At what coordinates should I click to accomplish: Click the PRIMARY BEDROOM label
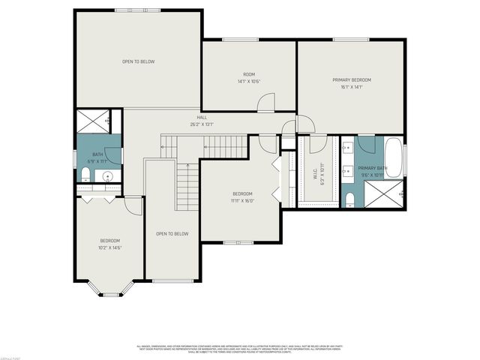point(352,79)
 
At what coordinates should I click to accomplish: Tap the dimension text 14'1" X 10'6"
point(249,81)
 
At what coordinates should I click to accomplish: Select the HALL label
point(202,118)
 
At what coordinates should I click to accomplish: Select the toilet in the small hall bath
point(85,176)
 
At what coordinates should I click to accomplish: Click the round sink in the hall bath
point(108,178)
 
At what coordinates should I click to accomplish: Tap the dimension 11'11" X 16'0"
point(242,200)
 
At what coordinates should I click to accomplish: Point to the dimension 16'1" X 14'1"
point(352,87)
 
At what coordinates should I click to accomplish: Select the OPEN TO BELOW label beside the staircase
point(172,233)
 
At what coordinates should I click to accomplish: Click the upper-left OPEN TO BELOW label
point(138,61)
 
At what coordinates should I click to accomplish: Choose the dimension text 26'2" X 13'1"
point(202,124)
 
